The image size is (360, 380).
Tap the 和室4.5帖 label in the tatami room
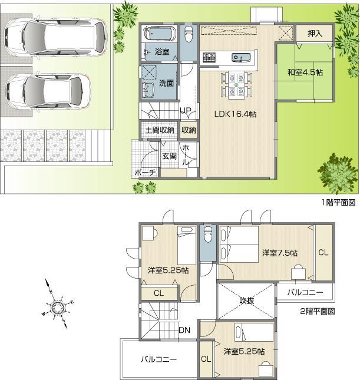point(305,72)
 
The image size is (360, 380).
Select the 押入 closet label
point(315,34)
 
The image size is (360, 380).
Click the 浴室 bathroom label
point(162,52)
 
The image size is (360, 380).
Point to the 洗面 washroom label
point(167,84)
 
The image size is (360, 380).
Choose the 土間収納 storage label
point(158,130)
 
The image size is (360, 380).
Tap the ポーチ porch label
point(145,173)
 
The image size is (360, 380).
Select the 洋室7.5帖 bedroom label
point(279,253)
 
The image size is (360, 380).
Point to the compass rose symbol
point(58,306)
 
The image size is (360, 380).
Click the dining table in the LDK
point(236,84)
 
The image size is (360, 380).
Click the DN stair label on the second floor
point(184,330)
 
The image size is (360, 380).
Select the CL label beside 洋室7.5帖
point(323,253)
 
